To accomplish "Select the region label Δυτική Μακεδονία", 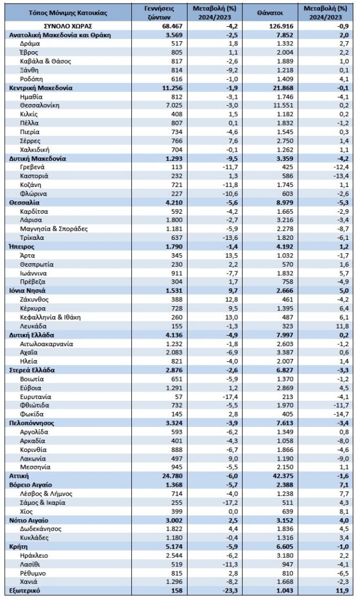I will tap(38, 158).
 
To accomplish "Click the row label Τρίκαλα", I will tap(33, 236).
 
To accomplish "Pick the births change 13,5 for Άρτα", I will tap(216, 254).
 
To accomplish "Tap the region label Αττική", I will tap(19, 475).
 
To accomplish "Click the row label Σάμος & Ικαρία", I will tap(42, 501).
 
